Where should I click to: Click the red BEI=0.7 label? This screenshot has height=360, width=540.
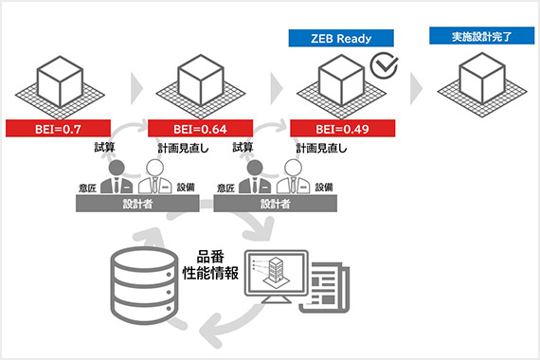[x=60, y=127]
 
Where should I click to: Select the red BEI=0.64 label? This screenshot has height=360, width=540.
[x=200, y=127]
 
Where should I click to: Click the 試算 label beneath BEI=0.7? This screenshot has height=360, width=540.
[x=105, y=147]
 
